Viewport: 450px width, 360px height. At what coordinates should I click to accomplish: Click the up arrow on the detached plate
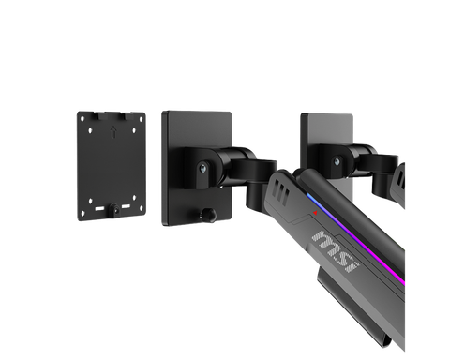pos(113,131)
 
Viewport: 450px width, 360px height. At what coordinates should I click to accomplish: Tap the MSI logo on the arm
pos(336,250)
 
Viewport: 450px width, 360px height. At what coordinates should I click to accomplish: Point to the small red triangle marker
pos(315,213)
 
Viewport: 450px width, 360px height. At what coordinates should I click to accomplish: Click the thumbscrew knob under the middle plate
pos(208,215)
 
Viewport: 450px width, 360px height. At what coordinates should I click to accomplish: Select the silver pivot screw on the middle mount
pos(203,168)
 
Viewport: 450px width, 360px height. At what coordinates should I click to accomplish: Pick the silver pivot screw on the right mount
pos(337,162)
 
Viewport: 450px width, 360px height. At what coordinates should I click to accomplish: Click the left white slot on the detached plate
pos(99,208)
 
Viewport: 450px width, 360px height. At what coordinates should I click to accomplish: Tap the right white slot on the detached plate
pos(126,206)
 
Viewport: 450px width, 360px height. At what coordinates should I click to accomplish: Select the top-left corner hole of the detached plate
pos(82,119)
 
